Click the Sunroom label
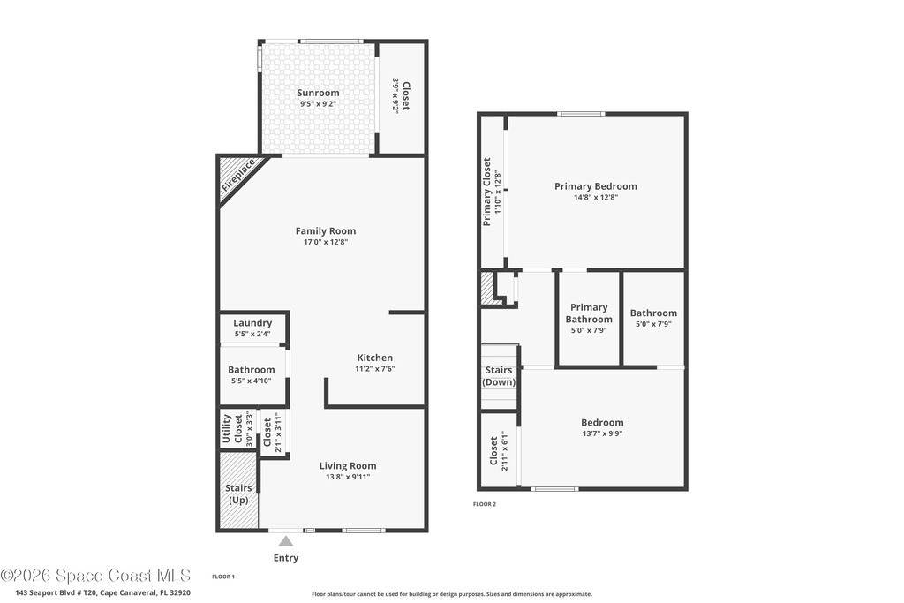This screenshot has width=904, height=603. coord(318,93)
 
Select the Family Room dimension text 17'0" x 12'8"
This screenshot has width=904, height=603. coord(326,242)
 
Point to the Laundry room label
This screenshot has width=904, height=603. coord(252,323)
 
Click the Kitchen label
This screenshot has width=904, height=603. coord(374,358)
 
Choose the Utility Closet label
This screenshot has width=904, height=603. coord(232,429)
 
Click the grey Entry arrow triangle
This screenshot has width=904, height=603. coord(286,540)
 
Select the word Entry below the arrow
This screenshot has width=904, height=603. coord(286,557)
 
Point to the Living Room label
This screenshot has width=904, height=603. coord(348,466)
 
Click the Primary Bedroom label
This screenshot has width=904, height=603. coord(596,186)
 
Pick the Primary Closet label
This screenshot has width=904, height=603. coord(487,192)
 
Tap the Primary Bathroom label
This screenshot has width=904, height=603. coord(589,313)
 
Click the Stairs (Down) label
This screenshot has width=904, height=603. coord(499,376)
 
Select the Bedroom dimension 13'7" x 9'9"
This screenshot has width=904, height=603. coord(602,434)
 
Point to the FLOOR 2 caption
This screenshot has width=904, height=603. coord(485,504)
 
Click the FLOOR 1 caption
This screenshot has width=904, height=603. coord(223,577)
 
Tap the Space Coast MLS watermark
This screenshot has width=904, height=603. coord(95,576)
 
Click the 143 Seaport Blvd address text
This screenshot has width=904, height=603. coord(102,592)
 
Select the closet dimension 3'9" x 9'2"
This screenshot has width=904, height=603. coord(396,95)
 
